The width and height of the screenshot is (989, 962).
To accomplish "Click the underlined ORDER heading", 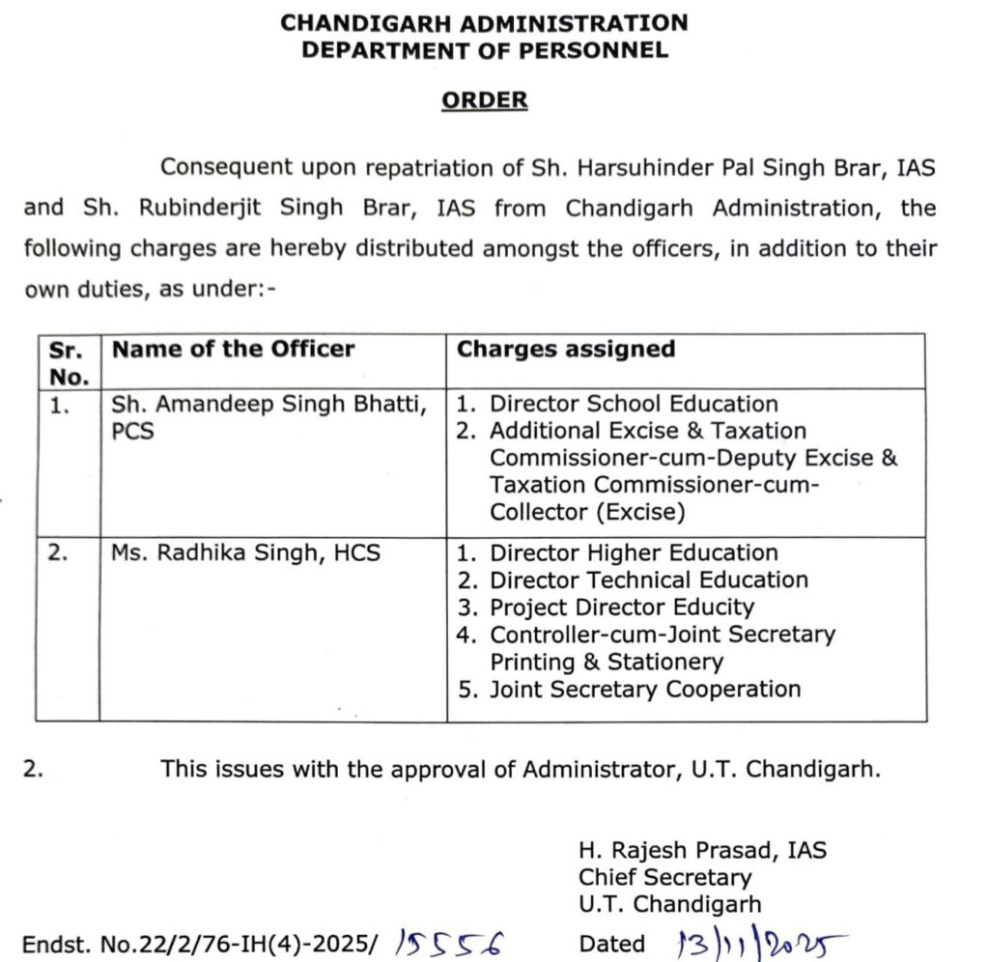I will pos(485,100).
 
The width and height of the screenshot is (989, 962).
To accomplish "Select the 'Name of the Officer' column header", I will pos(234,350).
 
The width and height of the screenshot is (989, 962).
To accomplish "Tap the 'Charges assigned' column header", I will pos(566,350).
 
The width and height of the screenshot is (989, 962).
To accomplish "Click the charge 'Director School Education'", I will pos(634,405).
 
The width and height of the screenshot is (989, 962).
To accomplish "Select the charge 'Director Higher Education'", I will pos(634,553).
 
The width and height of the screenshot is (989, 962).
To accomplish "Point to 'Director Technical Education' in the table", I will pos(649,580).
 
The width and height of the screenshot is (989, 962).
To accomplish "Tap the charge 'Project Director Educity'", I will pos(622,608).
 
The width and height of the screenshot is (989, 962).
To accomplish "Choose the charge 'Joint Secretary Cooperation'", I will pos(645,689).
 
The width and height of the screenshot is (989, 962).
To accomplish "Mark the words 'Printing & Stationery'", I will pos(607,662).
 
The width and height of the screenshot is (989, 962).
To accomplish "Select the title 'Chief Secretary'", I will pos(665,878).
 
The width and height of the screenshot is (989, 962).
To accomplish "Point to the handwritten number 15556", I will pos(450,942).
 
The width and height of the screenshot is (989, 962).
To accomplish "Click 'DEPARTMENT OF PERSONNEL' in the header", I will pos(485,50).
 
